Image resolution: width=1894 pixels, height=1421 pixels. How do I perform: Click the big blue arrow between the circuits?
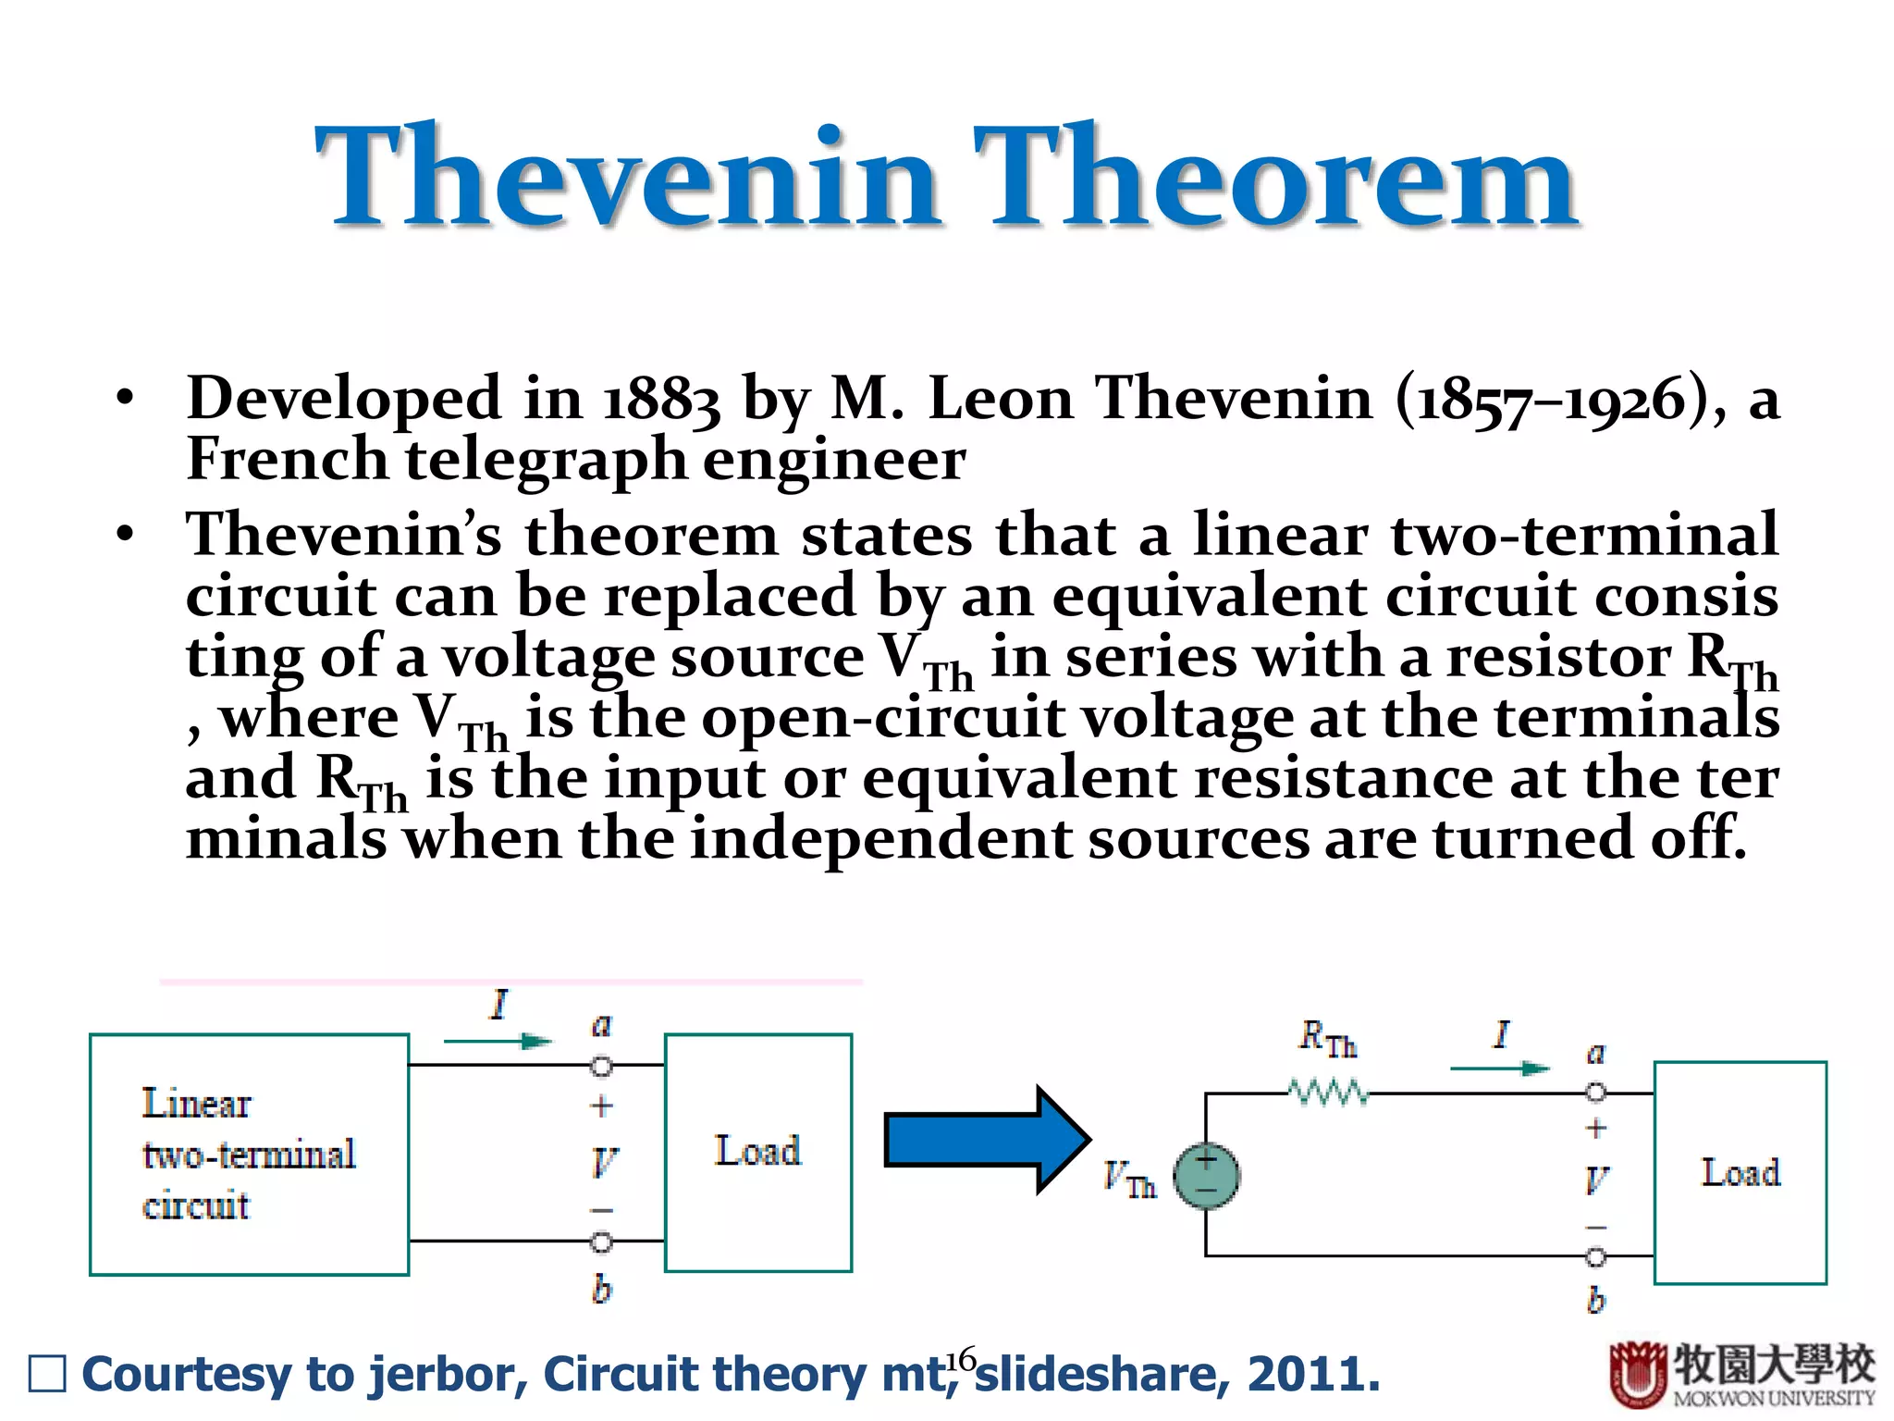986,1139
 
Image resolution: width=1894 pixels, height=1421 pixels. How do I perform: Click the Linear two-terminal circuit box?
249,1154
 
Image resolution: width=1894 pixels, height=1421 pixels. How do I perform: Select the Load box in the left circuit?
757,1152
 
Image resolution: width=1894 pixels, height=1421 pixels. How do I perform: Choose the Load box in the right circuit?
1740,1172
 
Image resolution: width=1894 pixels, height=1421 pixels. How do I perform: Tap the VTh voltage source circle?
1206,1176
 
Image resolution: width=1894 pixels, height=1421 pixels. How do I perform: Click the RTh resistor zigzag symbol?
1328,1094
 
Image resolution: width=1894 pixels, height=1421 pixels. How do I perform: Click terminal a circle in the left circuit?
601,1067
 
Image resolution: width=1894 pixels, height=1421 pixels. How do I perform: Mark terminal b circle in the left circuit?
601,1242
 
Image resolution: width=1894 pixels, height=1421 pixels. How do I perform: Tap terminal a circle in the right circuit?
1596,1094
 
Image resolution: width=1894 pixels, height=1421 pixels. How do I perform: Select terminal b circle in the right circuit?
1596,1256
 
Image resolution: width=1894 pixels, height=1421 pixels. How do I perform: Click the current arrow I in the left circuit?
498,1042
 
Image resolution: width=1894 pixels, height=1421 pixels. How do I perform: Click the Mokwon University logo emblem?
1637,1374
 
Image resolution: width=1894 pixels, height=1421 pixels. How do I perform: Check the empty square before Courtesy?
47,1374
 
